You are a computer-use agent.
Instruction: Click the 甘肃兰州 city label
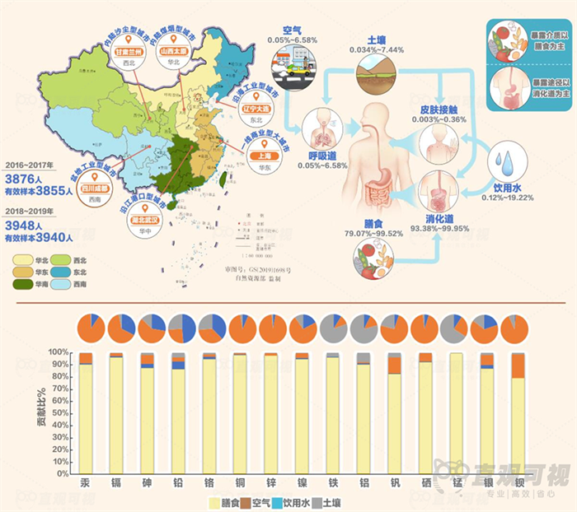coord(129,51)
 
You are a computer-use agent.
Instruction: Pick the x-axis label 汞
coord(85,482)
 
